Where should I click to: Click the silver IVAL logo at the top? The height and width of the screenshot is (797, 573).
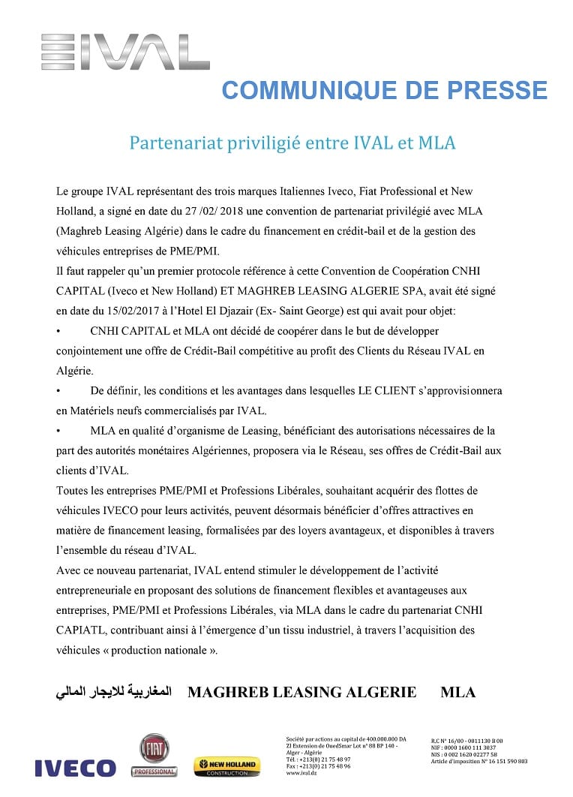pos(125,52)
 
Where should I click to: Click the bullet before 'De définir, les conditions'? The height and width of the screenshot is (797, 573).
pos(59,391)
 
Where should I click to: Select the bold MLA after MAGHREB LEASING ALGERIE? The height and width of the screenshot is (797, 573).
pos(457,692)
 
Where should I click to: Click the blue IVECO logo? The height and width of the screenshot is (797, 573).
pos(75,768)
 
